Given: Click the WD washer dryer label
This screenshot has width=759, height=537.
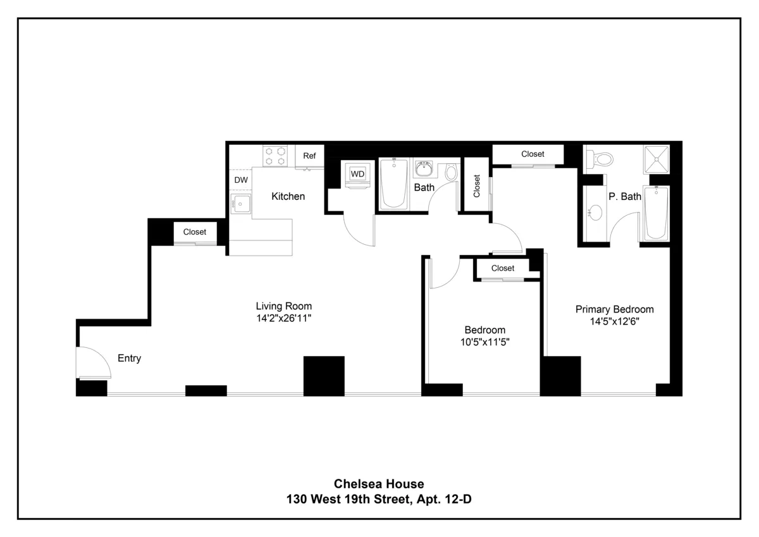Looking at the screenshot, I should [357, 174].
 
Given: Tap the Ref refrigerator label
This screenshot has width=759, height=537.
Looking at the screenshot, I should [309, 156].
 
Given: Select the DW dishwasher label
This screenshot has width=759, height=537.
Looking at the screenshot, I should [241, 180].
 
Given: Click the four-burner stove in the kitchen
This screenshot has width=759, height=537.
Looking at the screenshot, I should [276, 156].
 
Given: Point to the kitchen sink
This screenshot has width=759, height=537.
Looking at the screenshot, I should [240, 204].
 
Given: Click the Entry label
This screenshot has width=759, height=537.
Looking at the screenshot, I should [130, 359].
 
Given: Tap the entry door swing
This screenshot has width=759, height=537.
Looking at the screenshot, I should [92, 362].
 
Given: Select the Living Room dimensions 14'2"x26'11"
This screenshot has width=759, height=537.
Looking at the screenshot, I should [284, 318].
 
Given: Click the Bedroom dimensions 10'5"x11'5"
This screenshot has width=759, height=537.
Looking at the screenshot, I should [485, 342].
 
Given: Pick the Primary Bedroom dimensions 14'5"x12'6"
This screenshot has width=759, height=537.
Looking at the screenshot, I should [614, 321].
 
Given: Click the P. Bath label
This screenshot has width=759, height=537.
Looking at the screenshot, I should [625, 197].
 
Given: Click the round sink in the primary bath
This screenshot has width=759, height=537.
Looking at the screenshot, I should [595, 213].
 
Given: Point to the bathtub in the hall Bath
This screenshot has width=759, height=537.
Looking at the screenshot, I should [395, 183].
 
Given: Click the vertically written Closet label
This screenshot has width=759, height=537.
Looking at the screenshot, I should [476, 186].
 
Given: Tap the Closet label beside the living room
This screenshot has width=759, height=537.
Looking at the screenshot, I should [195, 232].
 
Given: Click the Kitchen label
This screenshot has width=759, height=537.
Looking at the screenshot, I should [288, 197].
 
